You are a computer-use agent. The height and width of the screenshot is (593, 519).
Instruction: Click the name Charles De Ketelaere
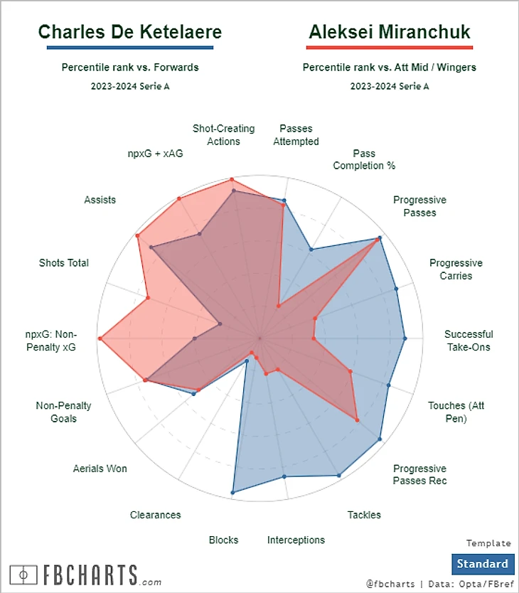[129, 32]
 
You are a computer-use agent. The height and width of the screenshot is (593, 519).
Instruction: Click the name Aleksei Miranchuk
[389, 32]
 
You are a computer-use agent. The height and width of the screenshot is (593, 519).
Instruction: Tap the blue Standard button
[482, 564]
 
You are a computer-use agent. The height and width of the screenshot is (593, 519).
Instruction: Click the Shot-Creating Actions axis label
[223, 134]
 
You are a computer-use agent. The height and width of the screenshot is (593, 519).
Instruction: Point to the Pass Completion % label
[364, 159]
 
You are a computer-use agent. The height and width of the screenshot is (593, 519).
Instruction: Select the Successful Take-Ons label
[469, 340]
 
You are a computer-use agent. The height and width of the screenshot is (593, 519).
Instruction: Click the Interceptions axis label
[296, 540]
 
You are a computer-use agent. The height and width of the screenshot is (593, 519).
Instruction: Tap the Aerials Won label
[100, 469]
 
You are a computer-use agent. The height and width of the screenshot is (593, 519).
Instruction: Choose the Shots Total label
[64, 263]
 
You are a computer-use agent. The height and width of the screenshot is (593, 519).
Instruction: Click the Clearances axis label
[155, 515]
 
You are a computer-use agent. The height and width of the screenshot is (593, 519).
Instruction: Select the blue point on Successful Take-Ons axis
[405, 338]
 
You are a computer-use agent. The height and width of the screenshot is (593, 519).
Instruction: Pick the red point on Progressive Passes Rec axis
[357, 421]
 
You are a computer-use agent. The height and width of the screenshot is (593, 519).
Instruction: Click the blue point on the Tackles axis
[339, 475]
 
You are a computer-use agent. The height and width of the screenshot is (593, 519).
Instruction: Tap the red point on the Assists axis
[138, 236]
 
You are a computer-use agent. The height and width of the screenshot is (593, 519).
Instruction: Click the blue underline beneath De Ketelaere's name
[129, 48]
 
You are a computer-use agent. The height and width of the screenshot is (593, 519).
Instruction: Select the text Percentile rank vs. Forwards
[130, 68]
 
